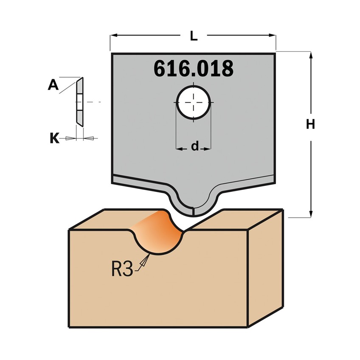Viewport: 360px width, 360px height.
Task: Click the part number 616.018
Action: pyautogui.click(x=194, y=68)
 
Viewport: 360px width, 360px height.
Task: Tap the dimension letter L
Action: pyautogui.click(x=194, y=36)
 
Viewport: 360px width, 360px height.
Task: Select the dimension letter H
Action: pyautogui.click(x=310, y=125)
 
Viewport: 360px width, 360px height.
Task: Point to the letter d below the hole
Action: pyautogui.click(x=195, y=146)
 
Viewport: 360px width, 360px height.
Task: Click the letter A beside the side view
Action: pyautogui.click(x=53, y=85)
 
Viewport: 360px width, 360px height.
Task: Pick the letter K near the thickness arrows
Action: pyautogui.click(x=54, y=138)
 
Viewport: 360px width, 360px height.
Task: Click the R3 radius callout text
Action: pyautogui.click(x=122, y=269)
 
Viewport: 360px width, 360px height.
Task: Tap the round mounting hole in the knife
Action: pyautogui.click(x=193, y=102)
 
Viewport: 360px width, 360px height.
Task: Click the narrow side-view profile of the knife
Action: pyautogui.click(x=80, y=102)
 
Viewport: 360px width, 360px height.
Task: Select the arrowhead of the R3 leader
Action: pyautogui.click(x=145, y=260)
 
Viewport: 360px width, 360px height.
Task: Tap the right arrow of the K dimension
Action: pyautogui.click(x=88, y=138)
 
